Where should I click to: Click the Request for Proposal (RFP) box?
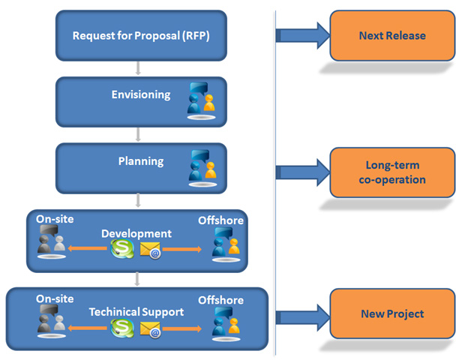(x=141, y=36)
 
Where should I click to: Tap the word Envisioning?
(x=141, y=94)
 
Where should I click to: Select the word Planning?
(x=141, y=161)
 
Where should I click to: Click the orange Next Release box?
(x=392, y=36)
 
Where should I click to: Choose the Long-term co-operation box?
(x=392, y=172)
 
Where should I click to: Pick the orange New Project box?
(x=392, y=313)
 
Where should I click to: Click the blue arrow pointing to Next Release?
(x=302, y=36)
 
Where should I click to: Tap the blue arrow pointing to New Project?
(x=302, y=317)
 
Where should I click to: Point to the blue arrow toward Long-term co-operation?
(x=302, y=172)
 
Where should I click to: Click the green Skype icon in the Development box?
(x=122, y=249)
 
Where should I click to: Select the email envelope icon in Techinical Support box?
(x=151, y=329)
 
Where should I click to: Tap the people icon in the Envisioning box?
(x=202, y=100)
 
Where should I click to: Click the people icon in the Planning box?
(x=202, y=168)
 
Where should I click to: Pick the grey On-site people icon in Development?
(x=51, y=241)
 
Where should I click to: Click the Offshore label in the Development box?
(x=220, y=220)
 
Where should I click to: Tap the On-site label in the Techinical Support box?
(x=55, y=298)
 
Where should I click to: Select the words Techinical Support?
(x=136, y=312)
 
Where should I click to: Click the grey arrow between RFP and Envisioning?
(x=137, y=68)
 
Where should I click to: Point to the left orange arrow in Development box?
(x=87, y=248)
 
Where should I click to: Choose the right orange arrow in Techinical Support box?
(x=182, y=328)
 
